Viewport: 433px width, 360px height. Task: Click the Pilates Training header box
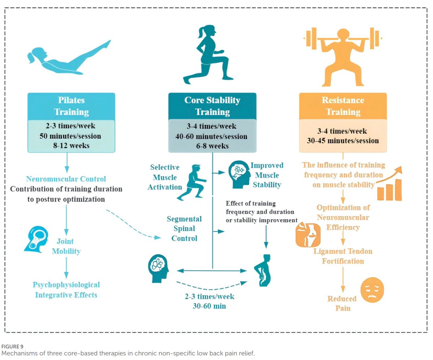(71, 106)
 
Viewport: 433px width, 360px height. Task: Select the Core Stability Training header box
(212, 106)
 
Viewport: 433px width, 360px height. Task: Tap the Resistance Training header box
(343, 106)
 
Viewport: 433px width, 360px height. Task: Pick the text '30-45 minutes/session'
(343, 141)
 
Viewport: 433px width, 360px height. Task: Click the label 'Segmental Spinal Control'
(184, 229)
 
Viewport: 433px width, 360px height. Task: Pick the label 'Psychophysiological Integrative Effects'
(66, 290)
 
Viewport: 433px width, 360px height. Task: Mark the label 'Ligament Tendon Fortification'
(343, 256)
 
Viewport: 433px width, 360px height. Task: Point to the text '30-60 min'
(210, 306)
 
